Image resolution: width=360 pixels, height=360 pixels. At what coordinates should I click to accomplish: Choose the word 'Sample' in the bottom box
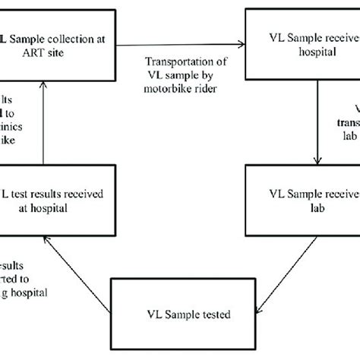click(178, 313)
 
